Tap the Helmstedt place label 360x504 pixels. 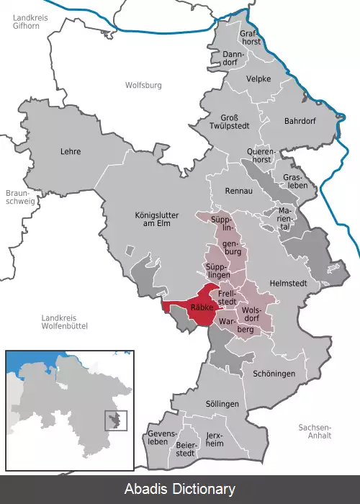pyautogui.click(x=287, y=284)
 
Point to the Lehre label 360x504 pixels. pyautogui.click(x=71, y=151)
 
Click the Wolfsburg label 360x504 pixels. pyautogui.click(x=144, y=85)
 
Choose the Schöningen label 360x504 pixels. pyautogui.click(x=274, y=374)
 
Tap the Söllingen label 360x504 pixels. pyautogui.click(x=222, y=404)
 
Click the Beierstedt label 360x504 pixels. pyautogui.click(x=186, y=449)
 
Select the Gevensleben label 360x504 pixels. pyautogui.click(x=161, y=438)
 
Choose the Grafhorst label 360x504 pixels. pyautogui.click(x=248, y=37)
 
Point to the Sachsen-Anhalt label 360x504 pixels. pyautogui.click(x=315, y=431)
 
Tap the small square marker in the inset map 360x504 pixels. pyautogui.click(x=116, y=420)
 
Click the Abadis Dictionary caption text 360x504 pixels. pyautogui.click(x=179, y=490)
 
